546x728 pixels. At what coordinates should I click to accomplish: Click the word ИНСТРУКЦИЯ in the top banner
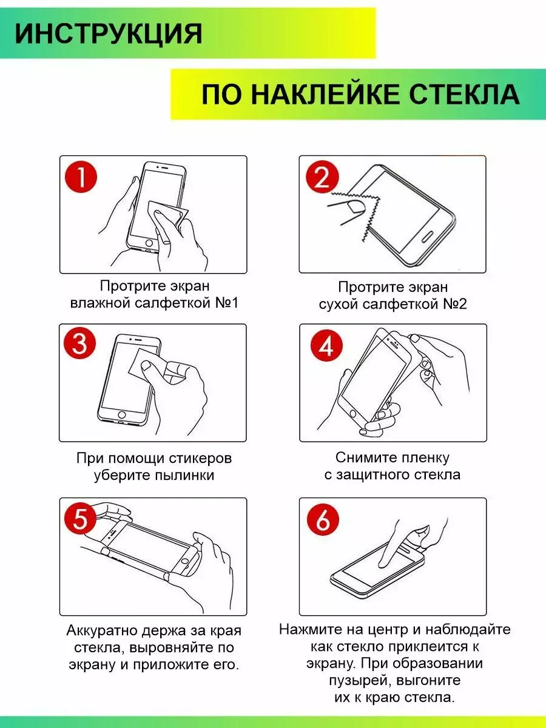click(x=109, y=33)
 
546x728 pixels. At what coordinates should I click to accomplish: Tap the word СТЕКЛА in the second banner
click(x=464, y=94)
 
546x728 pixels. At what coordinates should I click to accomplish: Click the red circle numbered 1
click(x=81, y=177)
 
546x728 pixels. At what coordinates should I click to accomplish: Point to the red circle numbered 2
click(x=322, y=177)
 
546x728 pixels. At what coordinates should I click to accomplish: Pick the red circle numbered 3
click(x=80, y=343)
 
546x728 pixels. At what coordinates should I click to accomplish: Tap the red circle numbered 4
click(x=326, y=346)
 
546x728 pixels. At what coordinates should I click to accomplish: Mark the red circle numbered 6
click(x=323, y=519)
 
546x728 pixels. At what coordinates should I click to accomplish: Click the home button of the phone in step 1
click(x=149, y=243)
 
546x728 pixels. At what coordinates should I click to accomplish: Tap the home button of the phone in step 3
click(x=122, y=414)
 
